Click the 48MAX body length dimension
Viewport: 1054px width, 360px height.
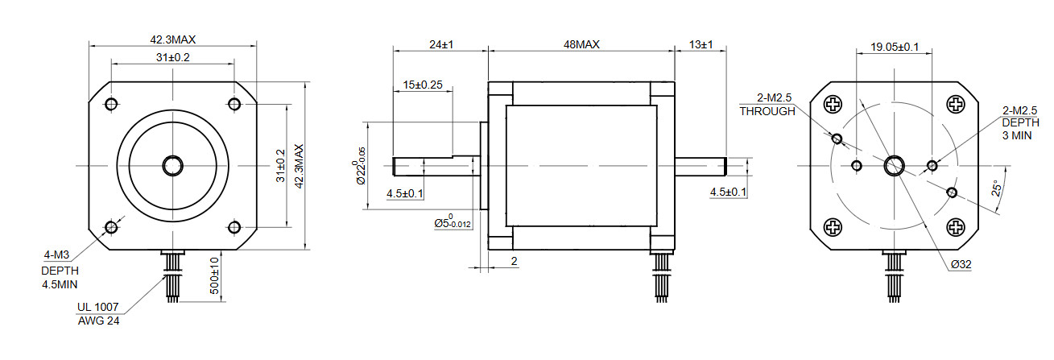(x=581, y=45)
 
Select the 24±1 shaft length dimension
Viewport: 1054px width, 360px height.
(x=441, y=45)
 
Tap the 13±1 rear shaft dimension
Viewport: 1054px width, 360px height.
(x=701, y=45)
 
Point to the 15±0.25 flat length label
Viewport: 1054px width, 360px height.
(x=423, y=85)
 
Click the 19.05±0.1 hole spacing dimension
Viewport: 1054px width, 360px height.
(x=894, y=47)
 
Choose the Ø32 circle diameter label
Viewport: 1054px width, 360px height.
(x=961, y=264)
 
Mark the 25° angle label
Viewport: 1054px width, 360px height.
(x=996, y=188)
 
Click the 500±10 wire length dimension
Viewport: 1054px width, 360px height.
(x=214, y=275)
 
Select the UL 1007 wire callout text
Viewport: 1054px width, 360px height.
(x=98, y=308)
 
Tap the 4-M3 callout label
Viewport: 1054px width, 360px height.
(x=56, y=255)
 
